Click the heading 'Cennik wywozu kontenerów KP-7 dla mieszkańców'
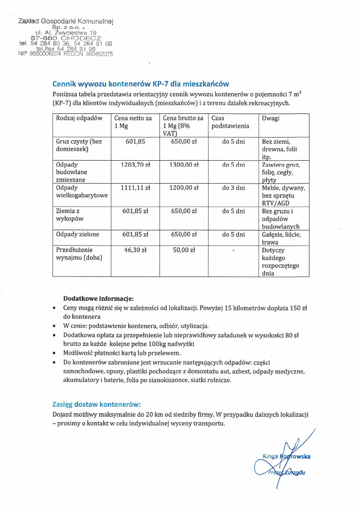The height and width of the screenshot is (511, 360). (x=141, y=84)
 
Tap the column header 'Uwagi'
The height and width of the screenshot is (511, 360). (x=271, y=118)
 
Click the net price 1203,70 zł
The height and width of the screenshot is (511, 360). (x=135, y=164)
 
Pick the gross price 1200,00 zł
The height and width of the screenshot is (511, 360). (x=183, y=188)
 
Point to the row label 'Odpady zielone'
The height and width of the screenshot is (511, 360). (x=77, y=234)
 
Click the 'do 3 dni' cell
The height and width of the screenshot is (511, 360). (x=233, y=188)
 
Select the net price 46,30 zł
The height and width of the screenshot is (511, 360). (x=135, y=250)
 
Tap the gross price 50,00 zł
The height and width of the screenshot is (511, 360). (x=183, y=250)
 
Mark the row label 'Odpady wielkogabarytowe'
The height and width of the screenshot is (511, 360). (x=82, y=192)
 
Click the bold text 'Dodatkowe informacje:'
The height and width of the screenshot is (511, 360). (x=98, y=298)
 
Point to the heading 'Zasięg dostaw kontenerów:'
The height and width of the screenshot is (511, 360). (x=97, y=404)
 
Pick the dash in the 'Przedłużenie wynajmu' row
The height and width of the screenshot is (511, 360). (x=234, y=250)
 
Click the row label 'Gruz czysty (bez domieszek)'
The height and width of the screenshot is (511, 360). (x=79, y=145)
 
